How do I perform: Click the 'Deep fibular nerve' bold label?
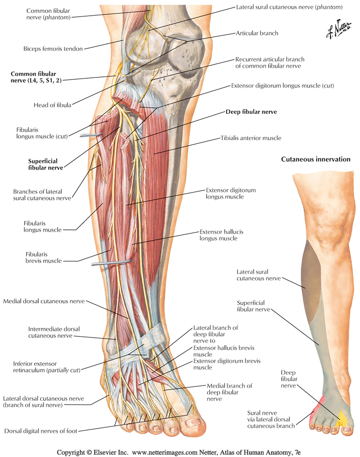click(251, 112)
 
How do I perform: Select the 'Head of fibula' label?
click(52, 105)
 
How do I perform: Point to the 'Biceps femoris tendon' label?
click(53, 49)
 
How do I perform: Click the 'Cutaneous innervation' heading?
click(315, 159)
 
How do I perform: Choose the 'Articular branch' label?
click(257, 33)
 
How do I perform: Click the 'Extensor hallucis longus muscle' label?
click(219, 235)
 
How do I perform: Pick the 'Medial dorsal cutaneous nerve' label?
click(44, 301)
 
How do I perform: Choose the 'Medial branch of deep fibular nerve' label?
click(229, 392)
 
